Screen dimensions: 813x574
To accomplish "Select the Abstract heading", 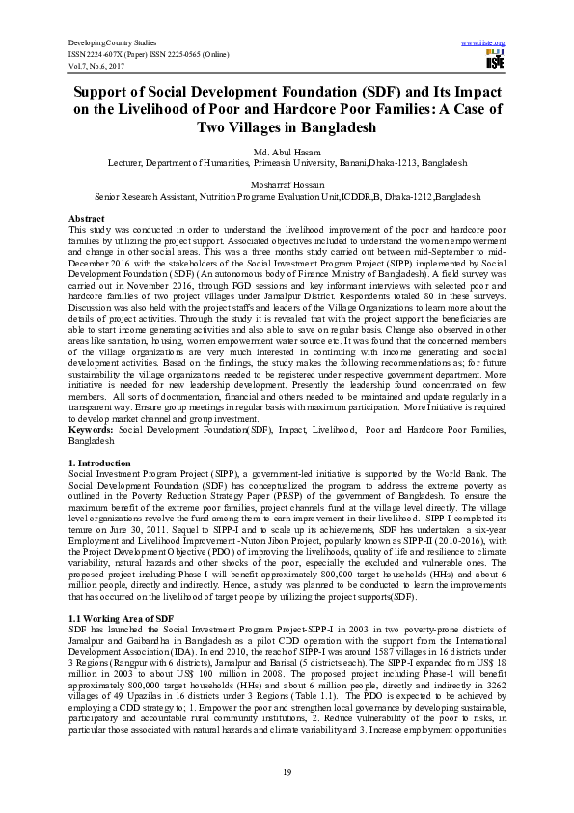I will click(x=88, y=219).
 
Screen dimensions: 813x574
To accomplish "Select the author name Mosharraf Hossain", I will click(x=287, y=183).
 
